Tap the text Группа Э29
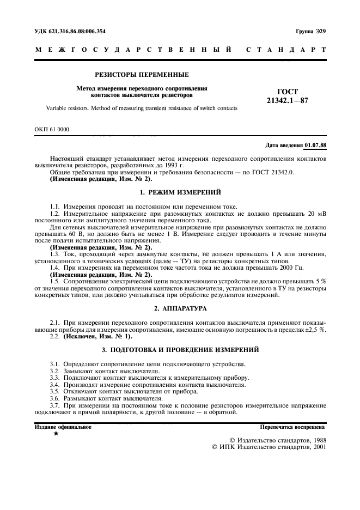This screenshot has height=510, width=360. (x=311, y=32)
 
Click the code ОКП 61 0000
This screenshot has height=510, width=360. (x=52, y=129)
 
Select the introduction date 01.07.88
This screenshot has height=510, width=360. (x=315, y=145)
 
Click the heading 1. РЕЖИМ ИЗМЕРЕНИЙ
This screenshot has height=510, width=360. (x=180, y=193)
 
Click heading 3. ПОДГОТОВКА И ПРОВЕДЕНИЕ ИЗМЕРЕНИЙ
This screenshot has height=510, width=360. (x=180, y=349)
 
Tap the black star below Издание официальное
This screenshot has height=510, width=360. (x=56, y=434)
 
